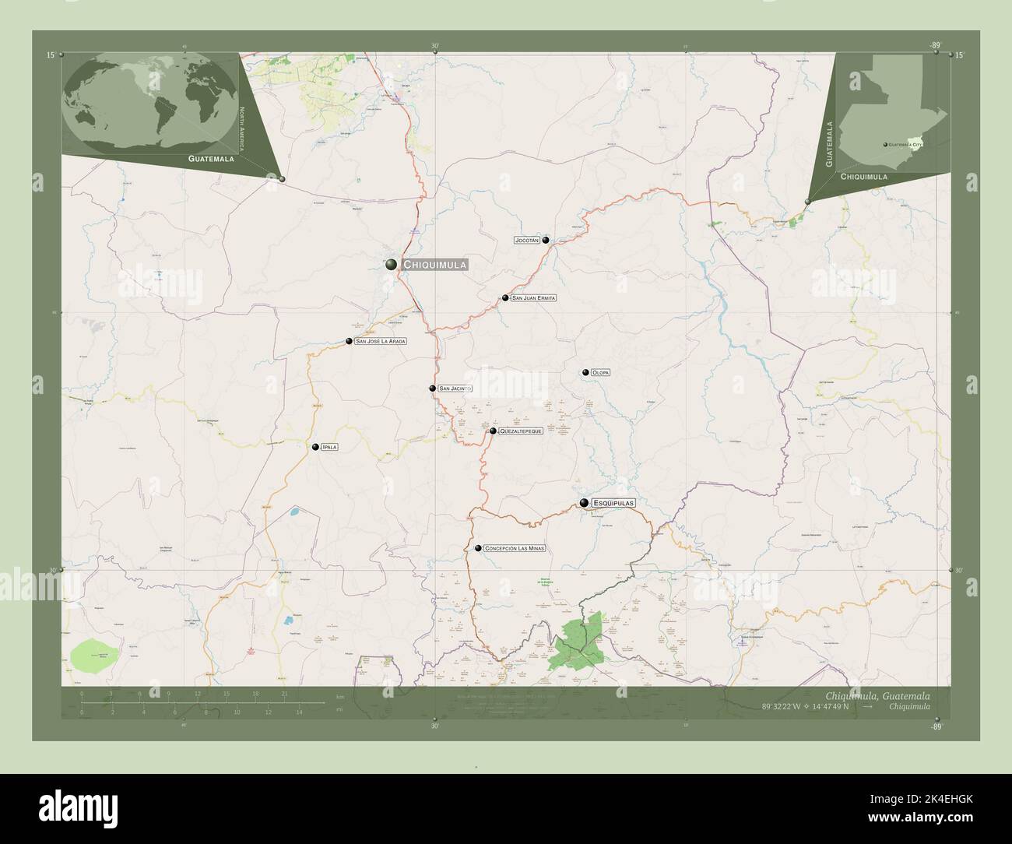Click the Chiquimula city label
point(435,265)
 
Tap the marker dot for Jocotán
point(546,240)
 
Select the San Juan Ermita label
point(534,298)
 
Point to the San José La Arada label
point(381,341)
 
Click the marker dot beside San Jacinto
point(432,388)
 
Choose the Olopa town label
point(600,373)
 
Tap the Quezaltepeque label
point(521,431)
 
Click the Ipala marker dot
point(315,447)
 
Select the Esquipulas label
point(613,503)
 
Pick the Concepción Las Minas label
point(514,548)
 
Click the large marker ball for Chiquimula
point(392,265)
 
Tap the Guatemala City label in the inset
point(905,145)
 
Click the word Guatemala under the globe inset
point(211,158)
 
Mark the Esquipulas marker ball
point(584,503)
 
